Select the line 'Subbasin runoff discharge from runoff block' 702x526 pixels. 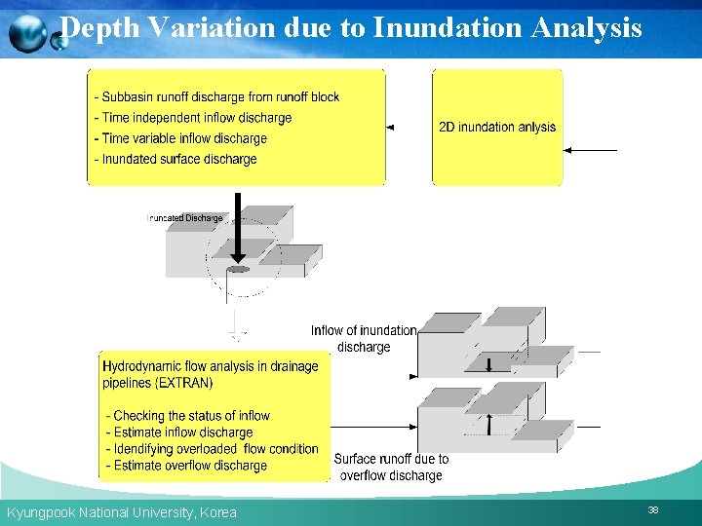[216, 97]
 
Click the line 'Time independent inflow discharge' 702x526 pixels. [193, 118]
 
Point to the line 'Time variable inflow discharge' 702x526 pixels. [180, 138]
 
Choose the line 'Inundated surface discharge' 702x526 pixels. [175, 159]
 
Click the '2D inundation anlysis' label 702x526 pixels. [497, 127]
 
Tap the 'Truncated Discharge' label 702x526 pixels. [185, 218]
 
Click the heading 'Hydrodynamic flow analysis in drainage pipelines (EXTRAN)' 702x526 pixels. [211, 375]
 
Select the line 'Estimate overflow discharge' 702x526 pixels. [186, 466]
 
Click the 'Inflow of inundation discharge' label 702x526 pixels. [364, 339]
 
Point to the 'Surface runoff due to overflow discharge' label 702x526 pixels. [391, 468]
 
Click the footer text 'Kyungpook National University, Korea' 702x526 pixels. [122, 512]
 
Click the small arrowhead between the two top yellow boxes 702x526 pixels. [390, 128]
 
